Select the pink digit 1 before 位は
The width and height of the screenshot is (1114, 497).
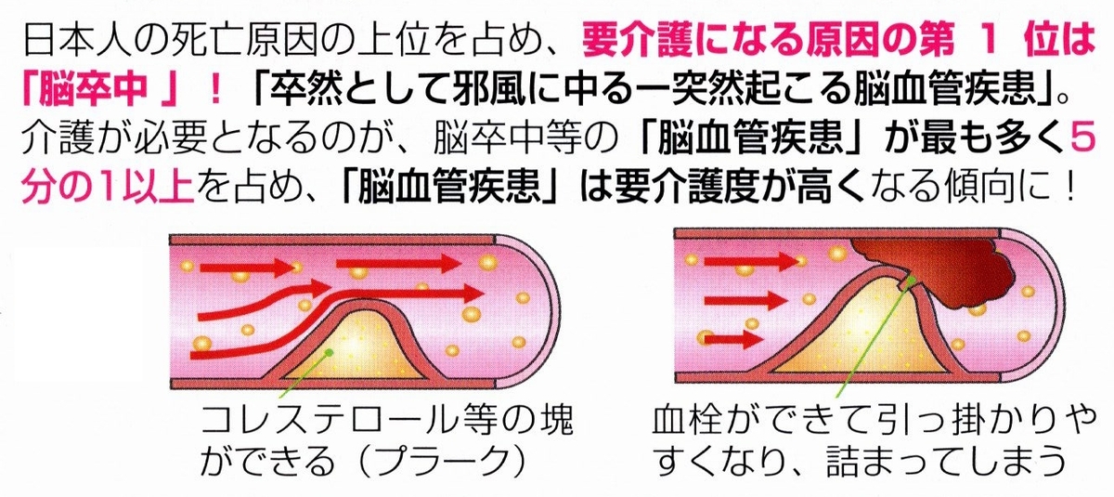click(x=988, y=41)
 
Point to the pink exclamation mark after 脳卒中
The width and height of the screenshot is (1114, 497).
click(x=215, y=91)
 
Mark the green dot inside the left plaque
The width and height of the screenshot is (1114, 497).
click(x=329, y=353)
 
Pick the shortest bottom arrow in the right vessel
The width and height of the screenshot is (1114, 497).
click(x=733, y=339)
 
